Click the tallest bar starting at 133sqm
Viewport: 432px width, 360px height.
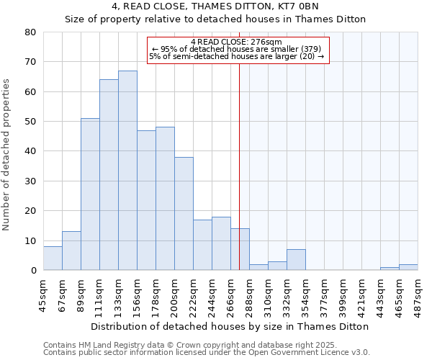(x=127, y=171)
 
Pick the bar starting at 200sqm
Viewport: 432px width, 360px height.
(x=184, y=214)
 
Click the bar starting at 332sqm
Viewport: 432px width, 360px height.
(x=296, y=260)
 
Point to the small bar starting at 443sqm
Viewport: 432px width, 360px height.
(x=390, y=269)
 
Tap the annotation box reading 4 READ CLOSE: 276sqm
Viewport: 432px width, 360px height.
(x=238, y=50)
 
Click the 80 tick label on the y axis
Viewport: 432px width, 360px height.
(x=30, y=32)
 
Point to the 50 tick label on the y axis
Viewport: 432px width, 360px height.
(x=30, y=122)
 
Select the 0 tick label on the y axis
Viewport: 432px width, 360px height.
(x=33, y=271)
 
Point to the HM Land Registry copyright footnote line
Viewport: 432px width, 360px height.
(x=184, y=345)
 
